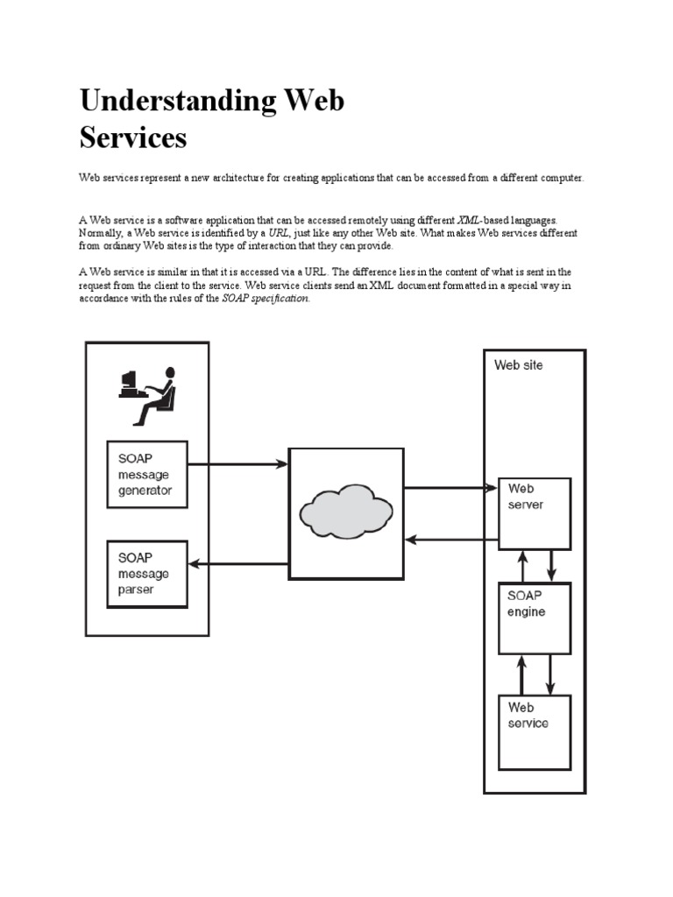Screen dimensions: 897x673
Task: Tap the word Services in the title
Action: (133, 138)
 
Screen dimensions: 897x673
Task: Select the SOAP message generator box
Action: (147, 474)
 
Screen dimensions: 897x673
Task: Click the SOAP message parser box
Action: (147, 574)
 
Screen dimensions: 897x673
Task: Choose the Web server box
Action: (534, 513)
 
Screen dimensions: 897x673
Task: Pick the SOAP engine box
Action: (534, 618)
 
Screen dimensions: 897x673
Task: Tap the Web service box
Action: (534, 731)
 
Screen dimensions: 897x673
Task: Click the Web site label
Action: (518, 365)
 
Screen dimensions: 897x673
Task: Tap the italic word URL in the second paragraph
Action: (280, 233)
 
